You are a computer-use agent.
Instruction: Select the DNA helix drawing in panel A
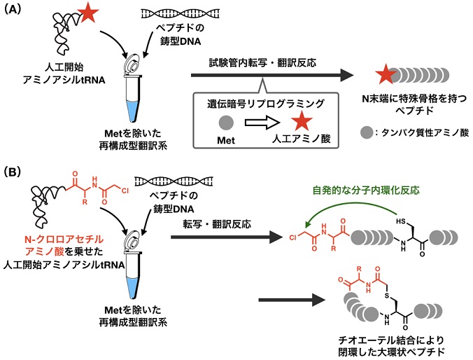tap(165, 15)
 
